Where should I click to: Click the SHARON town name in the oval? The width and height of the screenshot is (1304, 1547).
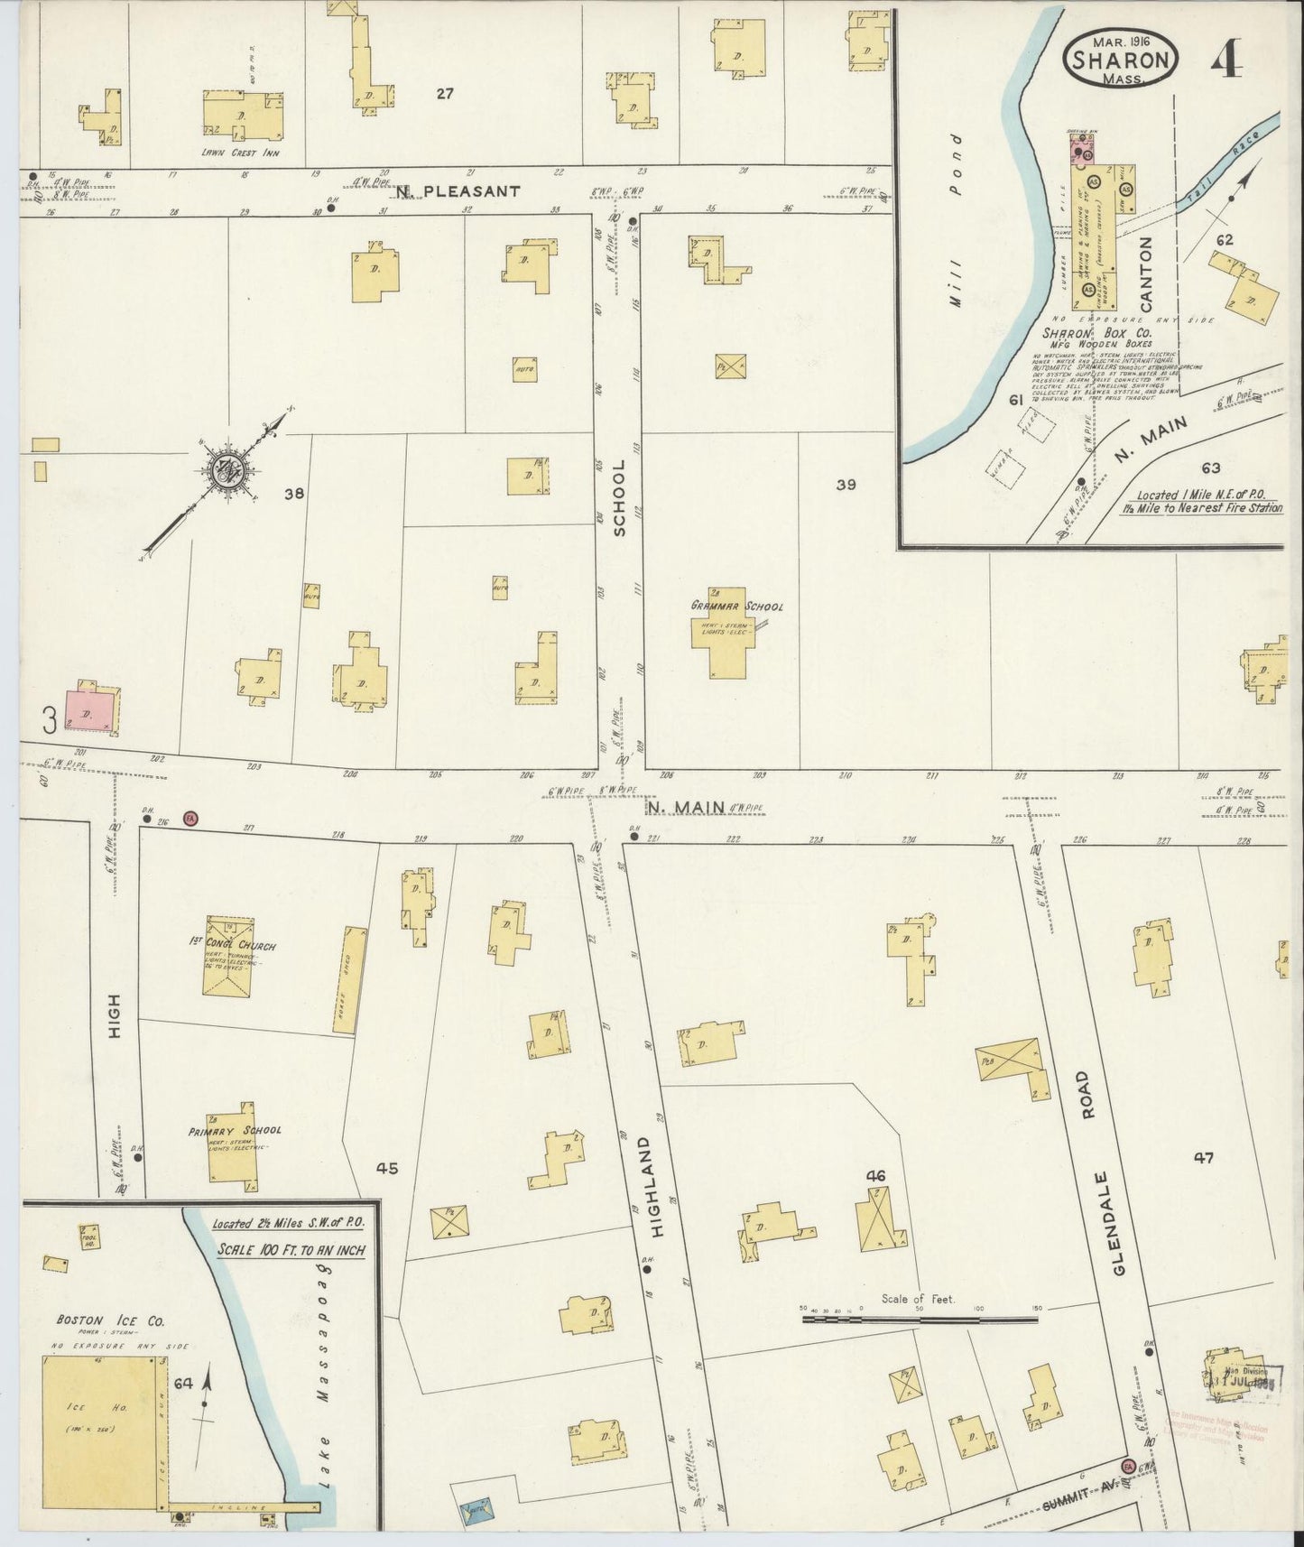1123,60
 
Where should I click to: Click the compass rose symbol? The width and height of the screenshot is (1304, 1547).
222,469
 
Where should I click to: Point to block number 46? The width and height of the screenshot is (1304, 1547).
874,1175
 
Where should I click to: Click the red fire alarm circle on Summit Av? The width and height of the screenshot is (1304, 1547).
1127,1464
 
